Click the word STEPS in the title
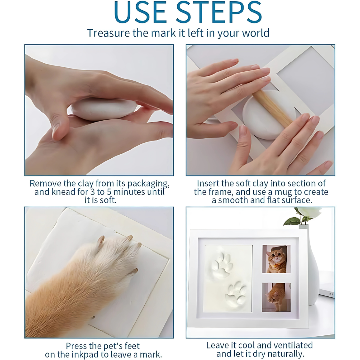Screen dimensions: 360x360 219,12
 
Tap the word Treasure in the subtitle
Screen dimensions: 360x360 108,33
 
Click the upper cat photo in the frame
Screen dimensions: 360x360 276,259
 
